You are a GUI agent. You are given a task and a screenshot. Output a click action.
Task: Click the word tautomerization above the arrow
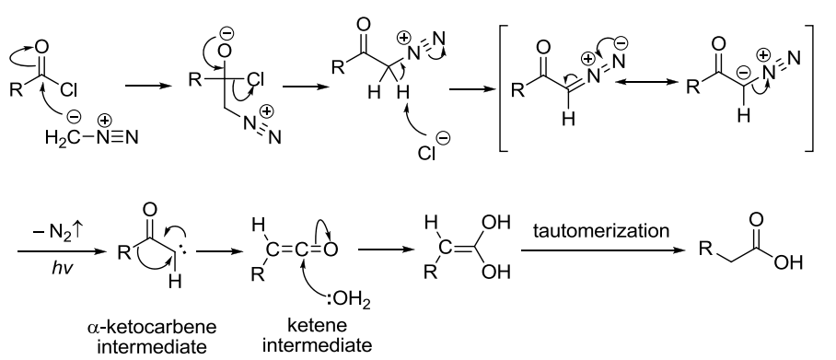601,231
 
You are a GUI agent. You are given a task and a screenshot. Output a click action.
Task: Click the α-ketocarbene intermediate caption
152,336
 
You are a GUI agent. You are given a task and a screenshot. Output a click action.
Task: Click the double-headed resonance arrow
645,82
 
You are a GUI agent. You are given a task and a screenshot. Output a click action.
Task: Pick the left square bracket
502,88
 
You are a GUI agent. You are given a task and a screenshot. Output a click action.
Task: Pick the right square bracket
810,88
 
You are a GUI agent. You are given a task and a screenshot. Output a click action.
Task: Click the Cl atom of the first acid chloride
69,90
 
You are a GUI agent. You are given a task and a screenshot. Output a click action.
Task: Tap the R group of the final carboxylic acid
706,249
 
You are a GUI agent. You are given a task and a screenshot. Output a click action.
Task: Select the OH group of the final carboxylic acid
788,262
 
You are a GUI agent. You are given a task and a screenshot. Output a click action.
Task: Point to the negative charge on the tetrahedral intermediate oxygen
226,34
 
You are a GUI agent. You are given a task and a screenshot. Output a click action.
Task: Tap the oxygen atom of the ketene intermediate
330,250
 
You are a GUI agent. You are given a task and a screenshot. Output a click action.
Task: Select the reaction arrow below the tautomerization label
602,250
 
